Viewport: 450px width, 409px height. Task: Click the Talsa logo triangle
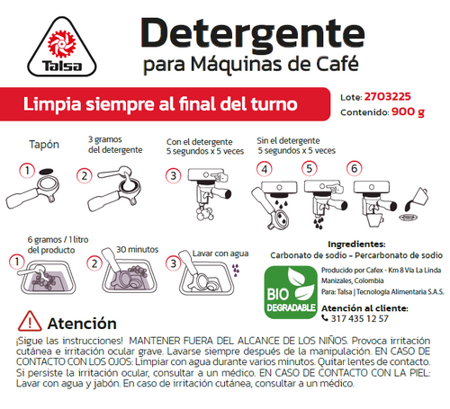point(62,47)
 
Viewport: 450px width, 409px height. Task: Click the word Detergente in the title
point(253,33)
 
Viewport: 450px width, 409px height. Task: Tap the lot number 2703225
point(388,96)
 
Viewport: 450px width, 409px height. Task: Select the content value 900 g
point(408,111)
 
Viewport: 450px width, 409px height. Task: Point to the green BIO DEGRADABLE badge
point(291,292)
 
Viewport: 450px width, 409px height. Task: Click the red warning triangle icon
point(30,321)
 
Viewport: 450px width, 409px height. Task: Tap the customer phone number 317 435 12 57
point(359,318)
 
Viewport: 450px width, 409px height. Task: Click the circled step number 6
point(354,168)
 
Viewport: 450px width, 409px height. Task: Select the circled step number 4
point(265,169)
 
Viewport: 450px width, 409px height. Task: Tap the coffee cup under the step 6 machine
point(375,220)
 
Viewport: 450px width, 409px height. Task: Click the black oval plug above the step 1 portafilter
point(46,171)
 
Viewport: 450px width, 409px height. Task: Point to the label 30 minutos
point(138,249)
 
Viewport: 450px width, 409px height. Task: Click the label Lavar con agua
point(220,253)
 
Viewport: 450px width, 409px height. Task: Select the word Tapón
point(44,145)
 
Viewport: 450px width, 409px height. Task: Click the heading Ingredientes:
point(356,245)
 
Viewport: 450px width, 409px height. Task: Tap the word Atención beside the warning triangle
point(82,324)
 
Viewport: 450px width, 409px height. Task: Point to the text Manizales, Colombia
point(353,280)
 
